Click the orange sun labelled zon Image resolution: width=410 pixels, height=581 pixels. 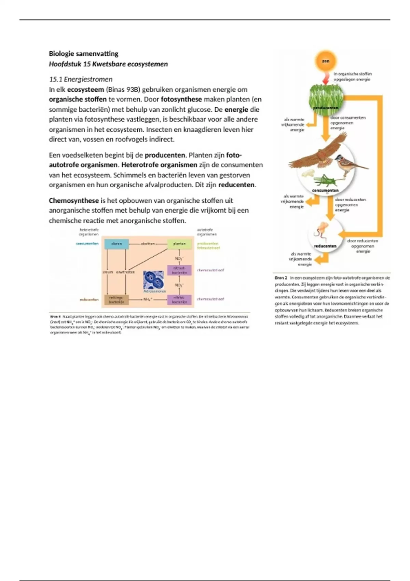pos(326,61)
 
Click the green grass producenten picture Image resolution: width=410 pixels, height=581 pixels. pos(326,97)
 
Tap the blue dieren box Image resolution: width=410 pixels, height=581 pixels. pos(117,244)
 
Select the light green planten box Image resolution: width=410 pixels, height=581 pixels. pos(179,244)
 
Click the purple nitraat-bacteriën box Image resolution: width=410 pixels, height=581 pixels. pos(179,270)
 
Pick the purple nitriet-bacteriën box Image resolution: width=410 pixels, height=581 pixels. pos(179,300)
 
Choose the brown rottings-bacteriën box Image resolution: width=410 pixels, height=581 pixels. pos(116,300)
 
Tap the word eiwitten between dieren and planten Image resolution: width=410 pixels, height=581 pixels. pos(148,244)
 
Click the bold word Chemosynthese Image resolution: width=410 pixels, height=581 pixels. pos(74,201)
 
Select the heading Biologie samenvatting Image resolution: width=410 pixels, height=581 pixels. pos(84,54)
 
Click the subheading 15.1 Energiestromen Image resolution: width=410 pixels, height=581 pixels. pos(81,79)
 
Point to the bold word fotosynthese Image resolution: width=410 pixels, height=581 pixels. pos(181,99)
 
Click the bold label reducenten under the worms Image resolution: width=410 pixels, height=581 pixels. pos(325,246)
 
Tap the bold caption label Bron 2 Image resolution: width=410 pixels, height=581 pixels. pos(281,278)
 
